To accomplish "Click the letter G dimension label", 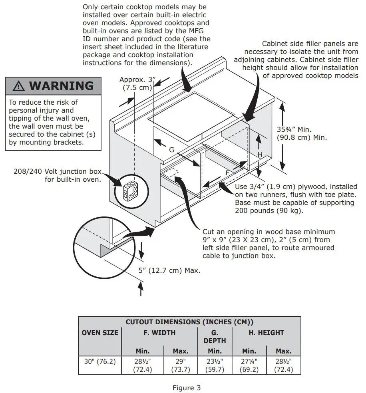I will coord(171,150).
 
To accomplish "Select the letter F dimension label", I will coord(227,173).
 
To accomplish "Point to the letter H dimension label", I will coord(259,154).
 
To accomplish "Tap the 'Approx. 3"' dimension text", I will coord(135,80).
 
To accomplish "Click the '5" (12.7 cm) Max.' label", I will coord(169,270).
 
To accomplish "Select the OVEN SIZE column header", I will coord(100,332).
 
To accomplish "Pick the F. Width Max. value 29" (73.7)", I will coord(181,365).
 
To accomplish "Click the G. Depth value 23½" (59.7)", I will coord(215,365).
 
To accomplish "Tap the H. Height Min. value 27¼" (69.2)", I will coord(249,365).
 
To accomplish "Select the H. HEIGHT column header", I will coord(266,332).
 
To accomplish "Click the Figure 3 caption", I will coord(187,387).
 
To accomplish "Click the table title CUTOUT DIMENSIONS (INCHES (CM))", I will coord(189,322).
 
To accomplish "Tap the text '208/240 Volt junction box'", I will coord(58,172).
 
